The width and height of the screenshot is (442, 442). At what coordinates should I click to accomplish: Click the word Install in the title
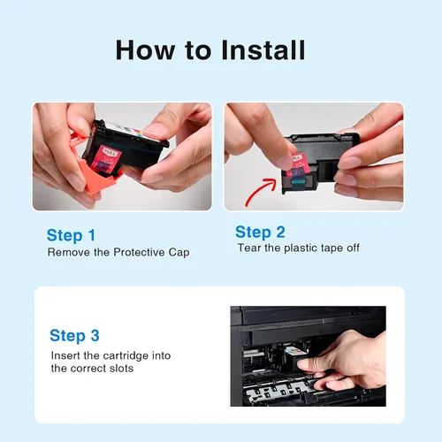click(x=263, y=50)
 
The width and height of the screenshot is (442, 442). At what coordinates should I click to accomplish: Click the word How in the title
click(x=145, y=50)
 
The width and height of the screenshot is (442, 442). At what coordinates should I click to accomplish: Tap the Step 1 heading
click(x=71, y=236)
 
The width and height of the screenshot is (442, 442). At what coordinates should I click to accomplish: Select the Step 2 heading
click(x=260, y=232)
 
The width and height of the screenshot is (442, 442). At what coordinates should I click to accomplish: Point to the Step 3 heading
click(x=74, y=336)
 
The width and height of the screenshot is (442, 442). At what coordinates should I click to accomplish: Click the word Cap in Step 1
click(x=179, y=253)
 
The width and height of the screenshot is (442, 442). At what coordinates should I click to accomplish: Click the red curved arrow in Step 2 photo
click(x=261, y=192)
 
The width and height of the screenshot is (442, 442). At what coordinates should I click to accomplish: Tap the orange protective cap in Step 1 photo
click(x=95, y=174)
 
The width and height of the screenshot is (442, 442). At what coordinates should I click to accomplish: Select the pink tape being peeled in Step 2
click(x=296, y=166)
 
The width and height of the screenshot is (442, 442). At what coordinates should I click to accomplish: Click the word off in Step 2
click(x=353, y=248)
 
